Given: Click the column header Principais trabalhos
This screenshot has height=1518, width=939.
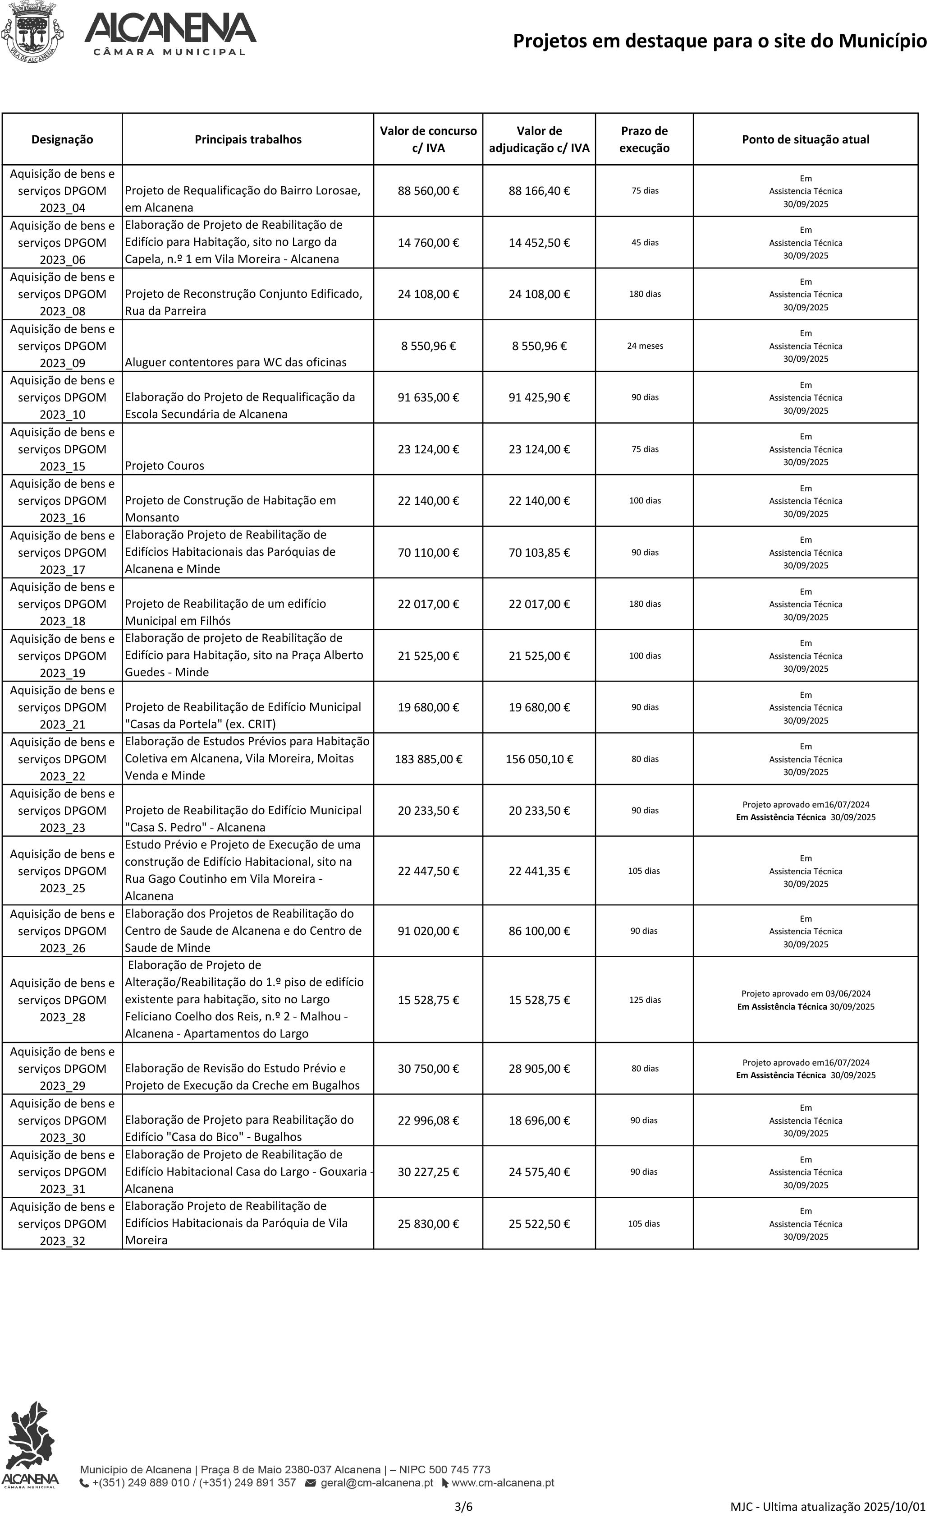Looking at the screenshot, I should pyautogui.click(x=248, y=139).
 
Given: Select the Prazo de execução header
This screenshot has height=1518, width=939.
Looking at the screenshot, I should pyautogui.click(x=644, y=139).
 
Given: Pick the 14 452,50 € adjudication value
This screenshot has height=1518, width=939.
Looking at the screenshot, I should pyautogui.click(x=538, y=242).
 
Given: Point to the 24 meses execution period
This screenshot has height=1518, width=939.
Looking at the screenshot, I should pyautogui.click(x=645, y=346).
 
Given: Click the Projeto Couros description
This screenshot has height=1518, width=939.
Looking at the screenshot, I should pyautogui.click(x=165, y=466).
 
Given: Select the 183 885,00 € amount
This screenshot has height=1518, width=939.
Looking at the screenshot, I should pyautogui.click(x=428, y=759).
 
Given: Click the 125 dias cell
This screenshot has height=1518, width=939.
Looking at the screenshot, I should pyautogui.click(x=645, y=999).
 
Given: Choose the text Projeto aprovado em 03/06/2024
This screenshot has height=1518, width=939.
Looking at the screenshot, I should pyautogui.click(x=806, y=993).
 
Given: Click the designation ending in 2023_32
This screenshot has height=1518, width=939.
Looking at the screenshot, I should pyautogui.click(x=62, y=1223).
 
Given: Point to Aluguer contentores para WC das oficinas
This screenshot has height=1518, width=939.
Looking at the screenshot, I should pyautogui.click(x=235, y=362).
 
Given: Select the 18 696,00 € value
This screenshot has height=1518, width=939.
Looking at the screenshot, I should pyautogui.click(x=538, y=1120).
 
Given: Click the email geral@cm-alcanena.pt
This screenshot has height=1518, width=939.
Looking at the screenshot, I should pyautogui.click(x=376, y=1482).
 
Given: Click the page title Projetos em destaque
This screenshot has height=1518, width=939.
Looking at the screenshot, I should pyautogui.click(x=719, y=41).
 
